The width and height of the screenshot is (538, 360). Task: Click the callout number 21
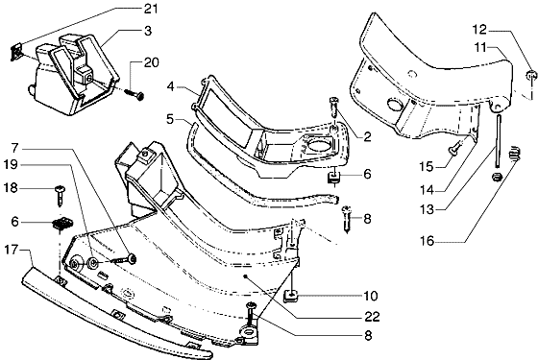click(x=151, y=9)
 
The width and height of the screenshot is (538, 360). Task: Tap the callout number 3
click(x=148, y=31)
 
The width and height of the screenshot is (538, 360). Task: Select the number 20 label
click(x=152, y=62)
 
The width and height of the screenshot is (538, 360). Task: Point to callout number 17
click(x=11, y=250)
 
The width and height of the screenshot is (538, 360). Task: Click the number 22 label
click(x=373, y=317)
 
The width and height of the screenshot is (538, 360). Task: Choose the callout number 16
click(x=428, y=241)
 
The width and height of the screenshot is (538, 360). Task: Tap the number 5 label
click(x=170, y=119)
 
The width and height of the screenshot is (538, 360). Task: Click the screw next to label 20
click(x=134, y=95)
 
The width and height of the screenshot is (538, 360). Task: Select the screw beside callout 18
click(x=61, y=196)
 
